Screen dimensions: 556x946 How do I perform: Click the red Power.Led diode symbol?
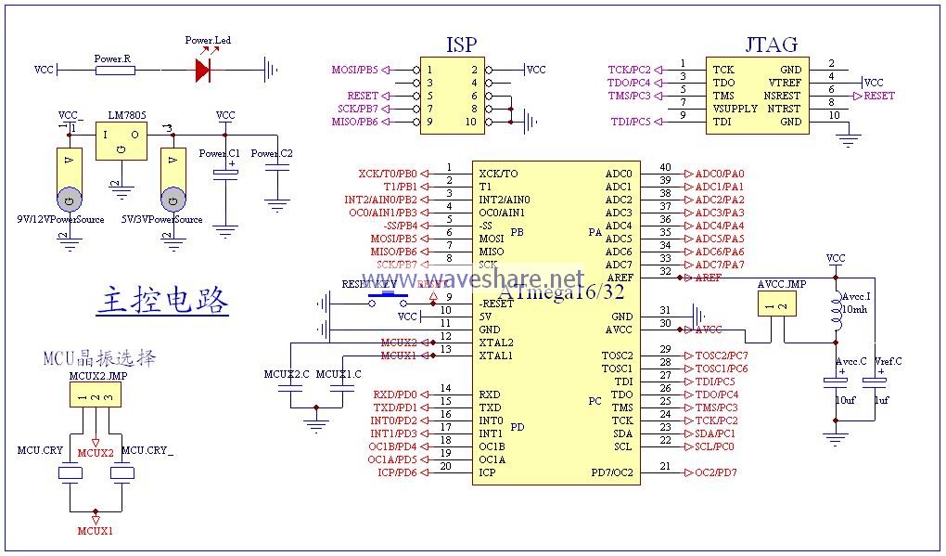pos(202,70)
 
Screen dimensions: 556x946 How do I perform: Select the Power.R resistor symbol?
pos(113,70)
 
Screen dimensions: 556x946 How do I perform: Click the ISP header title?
pos(462,45)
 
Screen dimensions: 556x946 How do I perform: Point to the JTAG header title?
pos(770,45)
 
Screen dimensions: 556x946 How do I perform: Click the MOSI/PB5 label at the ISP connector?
pos(355,70)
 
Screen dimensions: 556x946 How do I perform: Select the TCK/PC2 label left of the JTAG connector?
pos(630,70)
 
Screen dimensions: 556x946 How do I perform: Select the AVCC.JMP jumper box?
pos(777,304)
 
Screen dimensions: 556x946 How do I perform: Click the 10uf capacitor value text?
pos(845,400)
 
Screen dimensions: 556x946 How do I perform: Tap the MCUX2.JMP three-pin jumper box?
pos(96,396)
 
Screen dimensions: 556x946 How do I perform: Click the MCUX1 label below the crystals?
pos(96,531)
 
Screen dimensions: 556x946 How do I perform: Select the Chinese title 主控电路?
pos(162,301)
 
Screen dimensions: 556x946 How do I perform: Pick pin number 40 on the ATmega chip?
pos(665,167)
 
